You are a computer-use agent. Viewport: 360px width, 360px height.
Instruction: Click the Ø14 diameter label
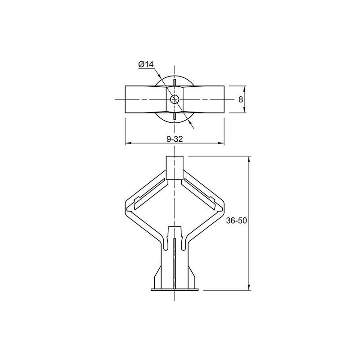point(146,64)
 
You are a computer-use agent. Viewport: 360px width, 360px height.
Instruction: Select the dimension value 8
point(241,99)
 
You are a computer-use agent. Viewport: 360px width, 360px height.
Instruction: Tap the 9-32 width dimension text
point(175,139)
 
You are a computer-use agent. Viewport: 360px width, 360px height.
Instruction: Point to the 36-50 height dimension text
point(237,220)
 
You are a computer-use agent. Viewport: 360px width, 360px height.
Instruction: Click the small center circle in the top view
point(175,99)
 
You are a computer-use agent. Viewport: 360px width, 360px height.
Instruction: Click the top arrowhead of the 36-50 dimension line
point(249,159)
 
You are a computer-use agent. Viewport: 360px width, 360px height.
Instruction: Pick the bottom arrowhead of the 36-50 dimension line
point(249,288)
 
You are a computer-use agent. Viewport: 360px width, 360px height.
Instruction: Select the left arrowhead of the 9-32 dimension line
point(128,143)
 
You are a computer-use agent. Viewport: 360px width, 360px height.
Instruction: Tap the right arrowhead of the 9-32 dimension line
point(221,143)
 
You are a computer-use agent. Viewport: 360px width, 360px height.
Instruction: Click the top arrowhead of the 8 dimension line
point(244,89)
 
